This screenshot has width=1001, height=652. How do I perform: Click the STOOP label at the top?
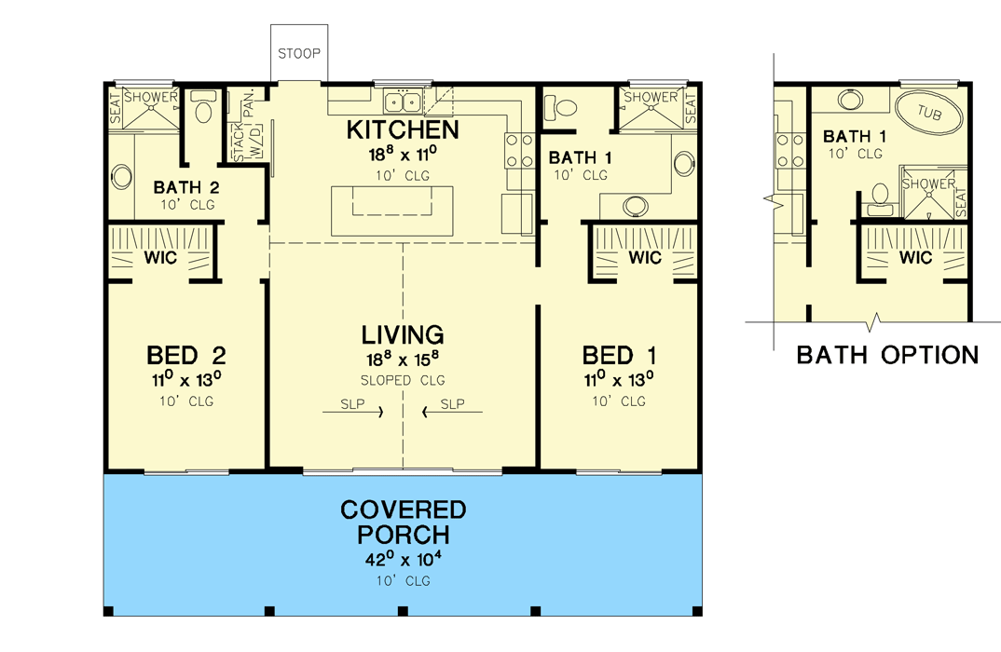tap(299, 52)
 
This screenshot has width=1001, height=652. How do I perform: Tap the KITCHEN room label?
tap(403, 129)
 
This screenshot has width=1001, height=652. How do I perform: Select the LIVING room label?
tap(403, 334)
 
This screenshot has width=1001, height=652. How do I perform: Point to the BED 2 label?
tap(186, 355)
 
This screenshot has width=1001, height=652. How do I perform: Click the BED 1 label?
tap(620, 355)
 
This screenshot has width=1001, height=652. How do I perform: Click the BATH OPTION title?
tap(887, 355)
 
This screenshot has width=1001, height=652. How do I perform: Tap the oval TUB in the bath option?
tap(929, 114)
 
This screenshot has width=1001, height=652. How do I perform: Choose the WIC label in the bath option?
tap(916, 258)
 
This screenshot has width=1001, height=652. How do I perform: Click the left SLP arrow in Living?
tap(353, 406)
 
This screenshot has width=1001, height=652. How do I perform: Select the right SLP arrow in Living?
tap(452, 406)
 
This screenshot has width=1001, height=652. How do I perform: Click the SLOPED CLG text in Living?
tap(403, 380)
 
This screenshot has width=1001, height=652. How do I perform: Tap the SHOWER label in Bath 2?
tap(151, 97)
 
